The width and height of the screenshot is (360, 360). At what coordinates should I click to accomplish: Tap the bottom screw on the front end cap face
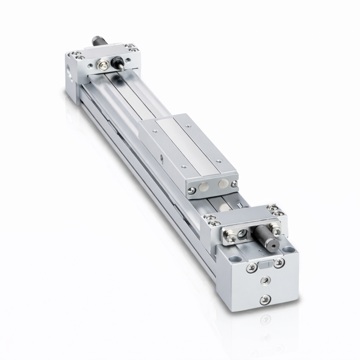pyautogui.click(x=265, y=300)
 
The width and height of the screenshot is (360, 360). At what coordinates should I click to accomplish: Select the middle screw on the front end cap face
pyautogui.click(x=266, y=280)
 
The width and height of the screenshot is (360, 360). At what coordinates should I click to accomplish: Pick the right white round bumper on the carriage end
pyautogui.click(x=223, y=184)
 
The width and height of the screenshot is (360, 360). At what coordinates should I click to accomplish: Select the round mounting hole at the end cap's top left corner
pyautogui.click(x=234, y=259)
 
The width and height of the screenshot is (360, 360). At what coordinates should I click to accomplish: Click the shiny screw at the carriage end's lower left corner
pyautogui.click(x=191, y=190)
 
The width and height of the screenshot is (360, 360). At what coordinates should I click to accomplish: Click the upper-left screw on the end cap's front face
pyautogui.click(x=252, y=268)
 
